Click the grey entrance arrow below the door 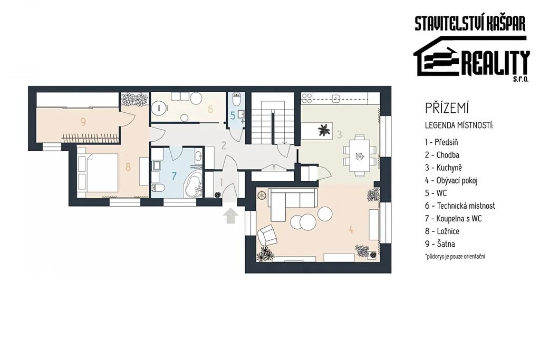coord(230,216)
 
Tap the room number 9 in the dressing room coord(83,121)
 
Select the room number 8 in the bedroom coord(128,167)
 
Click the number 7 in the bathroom coord(174,176)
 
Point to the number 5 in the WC coord(233,116)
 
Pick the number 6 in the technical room coord(210,109)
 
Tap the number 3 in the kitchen coord(339,134)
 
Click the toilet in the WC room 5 coord(236,100)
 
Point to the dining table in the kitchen coord(360,155)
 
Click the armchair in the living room coord(267,236)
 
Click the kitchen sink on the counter coord(336,99)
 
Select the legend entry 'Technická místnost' coord(460,206)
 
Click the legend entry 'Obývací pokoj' coord(451,180)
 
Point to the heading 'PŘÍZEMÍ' coord(447,108)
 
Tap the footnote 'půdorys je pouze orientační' coord(455,256)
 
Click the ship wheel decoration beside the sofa coord(263,196)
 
